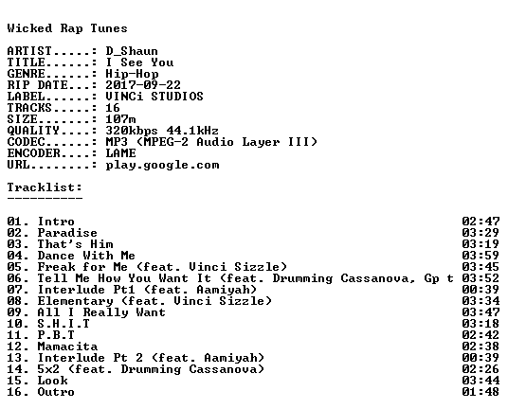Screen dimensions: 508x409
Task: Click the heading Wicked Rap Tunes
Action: [67, 28]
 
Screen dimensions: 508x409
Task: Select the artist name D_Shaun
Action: [132, 51]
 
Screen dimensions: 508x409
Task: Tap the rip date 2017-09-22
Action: [143, 85]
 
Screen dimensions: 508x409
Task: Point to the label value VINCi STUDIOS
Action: [154, 97]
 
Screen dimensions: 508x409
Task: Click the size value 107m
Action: [120, 119]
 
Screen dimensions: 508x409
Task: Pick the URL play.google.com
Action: [162, 165]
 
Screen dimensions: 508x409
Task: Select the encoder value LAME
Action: [120, 153]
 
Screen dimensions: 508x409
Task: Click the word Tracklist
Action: [43, 187]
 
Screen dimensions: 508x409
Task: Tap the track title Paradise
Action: [67, 233]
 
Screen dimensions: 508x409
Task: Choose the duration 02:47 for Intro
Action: [481, 222]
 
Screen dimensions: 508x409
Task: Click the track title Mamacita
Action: [67, 347]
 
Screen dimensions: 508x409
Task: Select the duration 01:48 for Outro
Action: [481, 392]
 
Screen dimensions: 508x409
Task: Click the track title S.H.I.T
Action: [63, 324]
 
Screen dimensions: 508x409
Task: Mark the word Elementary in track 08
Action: [75, 301]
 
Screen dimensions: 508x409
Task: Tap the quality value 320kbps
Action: [132, 131]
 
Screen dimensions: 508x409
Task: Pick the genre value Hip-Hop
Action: [132, 74]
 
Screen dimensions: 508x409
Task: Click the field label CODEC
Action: [26, 142]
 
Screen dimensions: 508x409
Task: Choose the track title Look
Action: [52, 381]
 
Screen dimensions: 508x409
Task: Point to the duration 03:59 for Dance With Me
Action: [481, 256]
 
